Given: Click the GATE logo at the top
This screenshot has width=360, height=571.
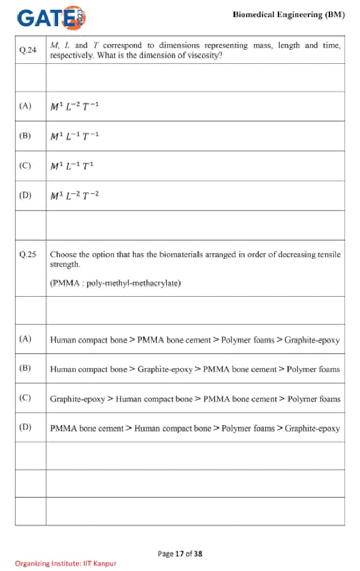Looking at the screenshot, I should [x=51, y=18].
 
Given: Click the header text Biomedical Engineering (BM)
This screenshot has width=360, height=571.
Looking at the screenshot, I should [x=289, y=15].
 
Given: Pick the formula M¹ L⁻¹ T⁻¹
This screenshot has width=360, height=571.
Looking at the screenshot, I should [x=74, y=136].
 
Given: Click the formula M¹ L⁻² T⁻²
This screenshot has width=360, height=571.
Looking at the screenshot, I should [x=74, y=196].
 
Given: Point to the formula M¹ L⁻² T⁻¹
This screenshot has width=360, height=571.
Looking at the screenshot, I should [x=74, y=106].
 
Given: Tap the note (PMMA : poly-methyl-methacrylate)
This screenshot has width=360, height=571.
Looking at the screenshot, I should [x=115, y=283].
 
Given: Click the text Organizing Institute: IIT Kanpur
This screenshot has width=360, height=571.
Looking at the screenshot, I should [x=66, y=563].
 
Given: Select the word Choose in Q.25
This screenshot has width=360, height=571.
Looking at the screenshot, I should [x=62, y=255].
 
